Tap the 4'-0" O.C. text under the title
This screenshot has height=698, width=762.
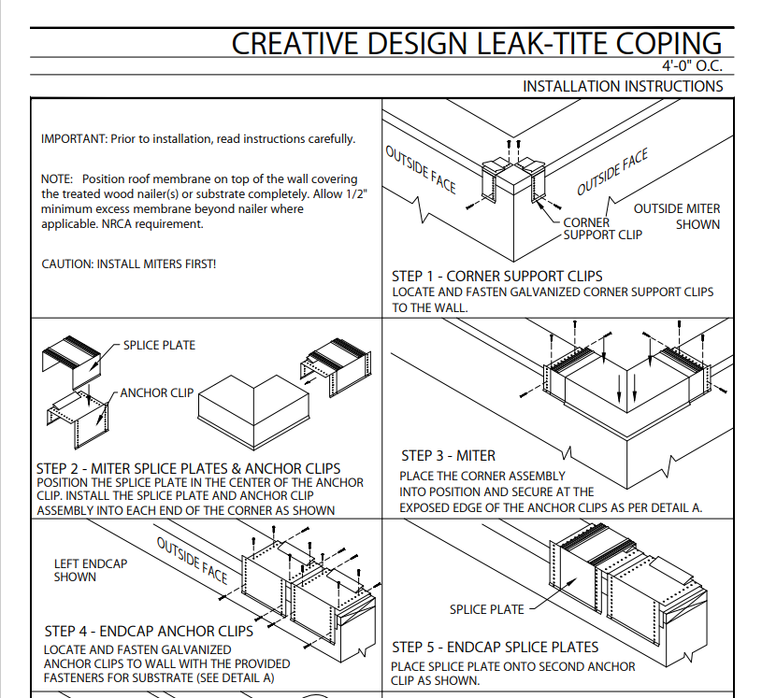(692, 66)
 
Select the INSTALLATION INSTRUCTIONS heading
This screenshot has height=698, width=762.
(622, 86)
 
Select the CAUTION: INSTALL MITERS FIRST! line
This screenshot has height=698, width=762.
(128, 264)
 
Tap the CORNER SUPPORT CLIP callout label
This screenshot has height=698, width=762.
(602, 229)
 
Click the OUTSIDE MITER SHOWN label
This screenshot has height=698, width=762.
(678, 216)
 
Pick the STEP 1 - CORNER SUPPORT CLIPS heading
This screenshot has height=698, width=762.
(496, 277)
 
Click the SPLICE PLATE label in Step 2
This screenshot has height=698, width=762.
(159, 345)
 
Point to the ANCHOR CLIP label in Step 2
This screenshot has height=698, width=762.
(156, 393)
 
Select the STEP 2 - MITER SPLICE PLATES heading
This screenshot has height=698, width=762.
(188, 468)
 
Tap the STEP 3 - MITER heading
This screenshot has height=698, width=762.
(448, 456)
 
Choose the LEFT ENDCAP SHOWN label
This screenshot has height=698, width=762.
(90, 570)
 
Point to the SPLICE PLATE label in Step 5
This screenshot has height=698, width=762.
(486, 609)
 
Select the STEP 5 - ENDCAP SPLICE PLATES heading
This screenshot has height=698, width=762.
(495, 647)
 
